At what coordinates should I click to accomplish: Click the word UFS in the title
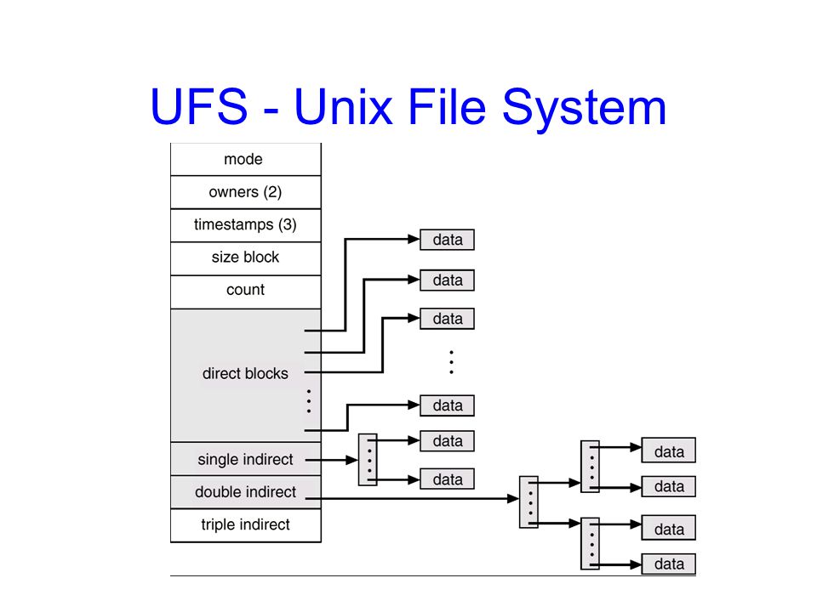pyautogui.click(x=198, y=106)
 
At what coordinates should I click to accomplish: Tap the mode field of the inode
pyautogui.click(x=245, y=159)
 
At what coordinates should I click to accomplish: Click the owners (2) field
pyautogui.click(x=245, y=192)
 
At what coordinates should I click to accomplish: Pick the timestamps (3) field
pyautogui.click(x=245, y=224)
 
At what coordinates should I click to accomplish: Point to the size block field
pyautogui.click(x=245, y=258)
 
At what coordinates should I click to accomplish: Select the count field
pyautogui.click(x=245, y=291)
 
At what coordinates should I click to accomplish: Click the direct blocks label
pyautogui.click(x=245, y=374)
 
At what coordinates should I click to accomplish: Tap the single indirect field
pyautogui.click(x=245, y=459)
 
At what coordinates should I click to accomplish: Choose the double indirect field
pyautogui.click(x=245, y=492)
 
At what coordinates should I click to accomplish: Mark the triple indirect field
pyautogui.click(x=245, y=524)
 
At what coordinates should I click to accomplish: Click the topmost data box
pyautogui.click(x=447, y=240)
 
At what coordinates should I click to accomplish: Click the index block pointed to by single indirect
pyautogui.click(x=368, y=460)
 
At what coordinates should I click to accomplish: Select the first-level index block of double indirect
pyautogui.click(x=528, y=501)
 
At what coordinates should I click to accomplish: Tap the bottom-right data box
pyautogui.click(x=669, y=564)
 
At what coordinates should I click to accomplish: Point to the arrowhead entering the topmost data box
pyautogui.click(x=414, y=240)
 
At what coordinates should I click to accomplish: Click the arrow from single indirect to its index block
pyautogui.click(x=332, y=460)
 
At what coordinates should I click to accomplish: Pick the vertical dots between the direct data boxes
pyautogui.click(x=451, y=362)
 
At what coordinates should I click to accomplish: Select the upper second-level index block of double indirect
pyautogui.click(x=591, y=467)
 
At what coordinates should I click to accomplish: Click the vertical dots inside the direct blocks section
pyautogui.click(x=309, y=401)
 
